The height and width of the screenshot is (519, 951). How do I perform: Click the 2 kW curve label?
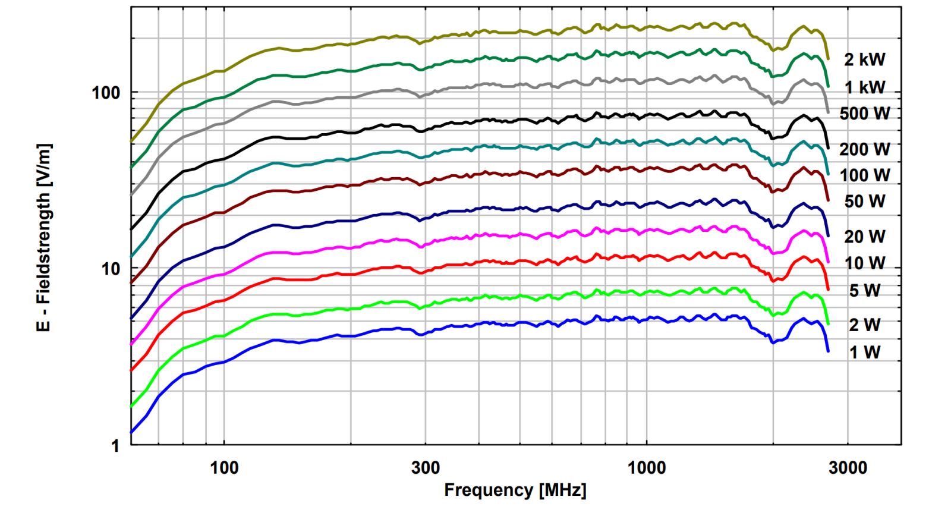[x=865, y=59]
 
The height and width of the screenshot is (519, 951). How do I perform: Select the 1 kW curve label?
[x=865, y=87]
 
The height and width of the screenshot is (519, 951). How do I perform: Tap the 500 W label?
[x=865, y=114]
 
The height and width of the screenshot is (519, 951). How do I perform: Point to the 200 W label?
[x=865, y=149]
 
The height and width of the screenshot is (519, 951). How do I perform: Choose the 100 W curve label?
[x=865, y=175]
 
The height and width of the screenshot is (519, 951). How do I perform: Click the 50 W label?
[x=865, y=202]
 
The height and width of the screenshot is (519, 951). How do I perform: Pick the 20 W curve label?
[x=865, y=237]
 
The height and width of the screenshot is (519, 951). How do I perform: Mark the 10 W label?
[x=865, y=263]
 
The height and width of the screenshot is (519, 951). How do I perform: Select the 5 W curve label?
[x=865, y=291]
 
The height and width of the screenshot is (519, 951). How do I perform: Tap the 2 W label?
[x=865, y=325]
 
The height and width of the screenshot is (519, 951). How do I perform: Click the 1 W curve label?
[x=865, y=353]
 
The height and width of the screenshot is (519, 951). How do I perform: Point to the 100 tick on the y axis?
[x=106, y=93]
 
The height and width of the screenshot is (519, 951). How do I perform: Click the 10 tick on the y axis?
[x=111, y=269]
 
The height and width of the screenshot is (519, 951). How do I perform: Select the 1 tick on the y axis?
[x=115, y=446]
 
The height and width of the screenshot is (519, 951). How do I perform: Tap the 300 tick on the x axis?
[x=426, y=468]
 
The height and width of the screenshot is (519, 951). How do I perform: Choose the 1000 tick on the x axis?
[x=647, y=468]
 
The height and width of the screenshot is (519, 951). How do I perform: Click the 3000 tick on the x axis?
[x=848, y=468]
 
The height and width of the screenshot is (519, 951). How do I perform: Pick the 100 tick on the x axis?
[x=224, y=468]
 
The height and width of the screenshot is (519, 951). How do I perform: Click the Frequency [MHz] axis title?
[x=515, y=490]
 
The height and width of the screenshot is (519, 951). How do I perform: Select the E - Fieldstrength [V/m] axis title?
[x=44, y=238]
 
